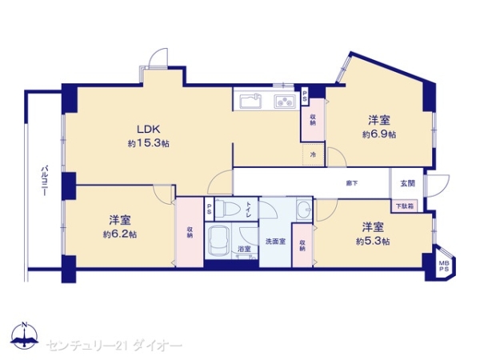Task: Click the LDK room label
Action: (x=145, y=130)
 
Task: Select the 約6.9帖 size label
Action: (x=379, y=134)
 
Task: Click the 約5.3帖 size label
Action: (x=372, y=241)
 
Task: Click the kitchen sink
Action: (x=249, y=102)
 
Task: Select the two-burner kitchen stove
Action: (x=285, y=102)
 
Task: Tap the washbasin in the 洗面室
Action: (x=303, y=210)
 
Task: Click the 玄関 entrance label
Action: (x=407, y=183)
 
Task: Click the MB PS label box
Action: (x=444, y=263)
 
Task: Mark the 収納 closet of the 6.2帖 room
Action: (x=190, y=233)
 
